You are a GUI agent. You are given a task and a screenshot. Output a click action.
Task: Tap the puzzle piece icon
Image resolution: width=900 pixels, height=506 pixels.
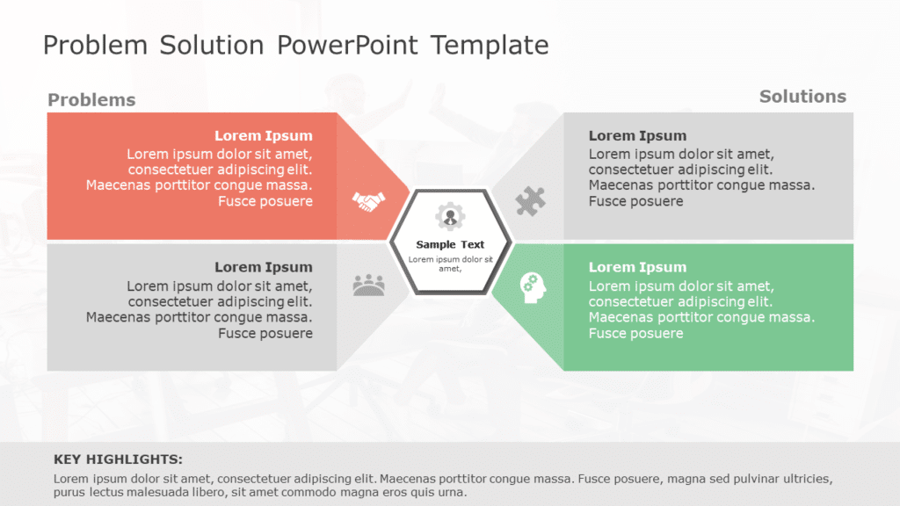[530, 201]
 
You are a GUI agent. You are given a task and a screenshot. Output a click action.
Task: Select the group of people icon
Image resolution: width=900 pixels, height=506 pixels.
[369, 285]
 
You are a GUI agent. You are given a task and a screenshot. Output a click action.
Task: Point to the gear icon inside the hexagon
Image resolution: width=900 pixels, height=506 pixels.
[450, 216]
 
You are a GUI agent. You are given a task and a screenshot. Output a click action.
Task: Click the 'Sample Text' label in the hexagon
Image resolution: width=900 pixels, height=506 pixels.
[450, 245]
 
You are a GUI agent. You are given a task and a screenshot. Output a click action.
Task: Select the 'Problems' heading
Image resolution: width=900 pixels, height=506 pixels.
[91, 100]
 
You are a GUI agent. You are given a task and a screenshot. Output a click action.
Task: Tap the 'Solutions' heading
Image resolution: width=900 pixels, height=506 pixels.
[802, 97]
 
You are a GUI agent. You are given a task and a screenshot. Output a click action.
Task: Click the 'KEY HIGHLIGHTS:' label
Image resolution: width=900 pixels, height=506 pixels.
[119, 459]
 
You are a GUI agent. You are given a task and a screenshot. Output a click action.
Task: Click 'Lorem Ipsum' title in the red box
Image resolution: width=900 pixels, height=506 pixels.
[264, 136]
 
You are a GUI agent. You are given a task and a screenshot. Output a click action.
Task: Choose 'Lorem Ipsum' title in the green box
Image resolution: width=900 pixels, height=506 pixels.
[637, 267]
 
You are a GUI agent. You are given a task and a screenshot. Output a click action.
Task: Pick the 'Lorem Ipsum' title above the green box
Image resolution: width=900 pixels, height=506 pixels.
[637, 136]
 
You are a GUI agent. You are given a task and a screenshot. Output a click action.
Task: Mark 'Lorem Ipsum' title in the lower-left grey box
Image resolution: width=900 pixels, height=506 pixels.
[264, 267]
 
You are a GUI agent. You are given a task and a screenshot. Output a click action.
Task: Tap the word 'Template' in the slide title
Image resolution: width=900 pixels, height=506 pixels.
[490, 46]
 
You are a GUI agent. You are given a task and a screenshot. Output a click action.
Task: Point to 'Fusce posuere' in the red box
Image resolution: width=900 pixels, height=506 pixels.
[265, 202]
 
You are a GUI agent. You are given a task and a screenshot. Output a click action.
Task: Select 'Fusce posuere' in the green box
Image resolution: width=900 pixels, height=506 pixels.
[635, 334]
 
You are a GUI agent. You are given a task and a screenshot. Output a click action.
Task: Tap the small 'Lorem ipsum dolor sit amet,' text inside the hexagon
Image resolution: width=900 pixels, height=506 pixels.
[450, 264]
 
